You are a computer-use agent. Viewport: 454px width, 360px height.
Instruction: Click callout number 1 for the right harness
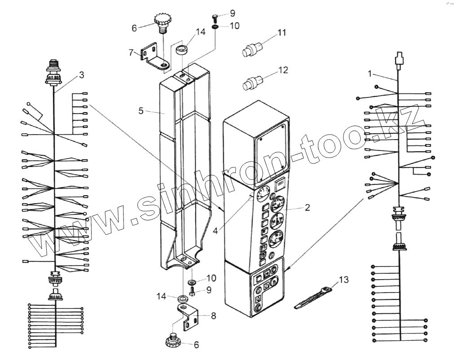370,73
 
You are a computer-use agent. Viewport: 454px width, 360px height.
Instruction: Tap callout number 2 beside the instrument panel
307,207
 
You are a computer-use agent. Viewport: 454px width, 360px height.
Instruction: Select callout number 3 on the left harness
81,75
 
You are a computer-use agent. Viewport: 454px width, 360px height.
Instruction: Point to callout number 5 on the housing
141,110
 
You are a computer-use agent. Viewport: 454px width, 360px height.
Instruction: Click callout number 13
344,280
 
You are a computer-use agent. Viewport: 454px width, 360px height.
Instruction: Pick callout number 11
282,33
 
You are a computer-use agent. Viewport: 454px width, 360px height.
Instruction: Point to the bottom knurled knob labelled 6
173,343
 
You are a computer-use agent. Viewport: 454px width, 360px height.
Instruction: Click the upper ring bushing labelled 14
182,49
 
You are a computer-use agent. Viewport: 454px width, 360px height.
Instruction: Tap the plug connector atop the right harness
399,59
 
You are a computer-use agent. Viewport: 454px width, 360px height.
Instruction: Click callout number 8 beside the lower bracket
213,316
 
